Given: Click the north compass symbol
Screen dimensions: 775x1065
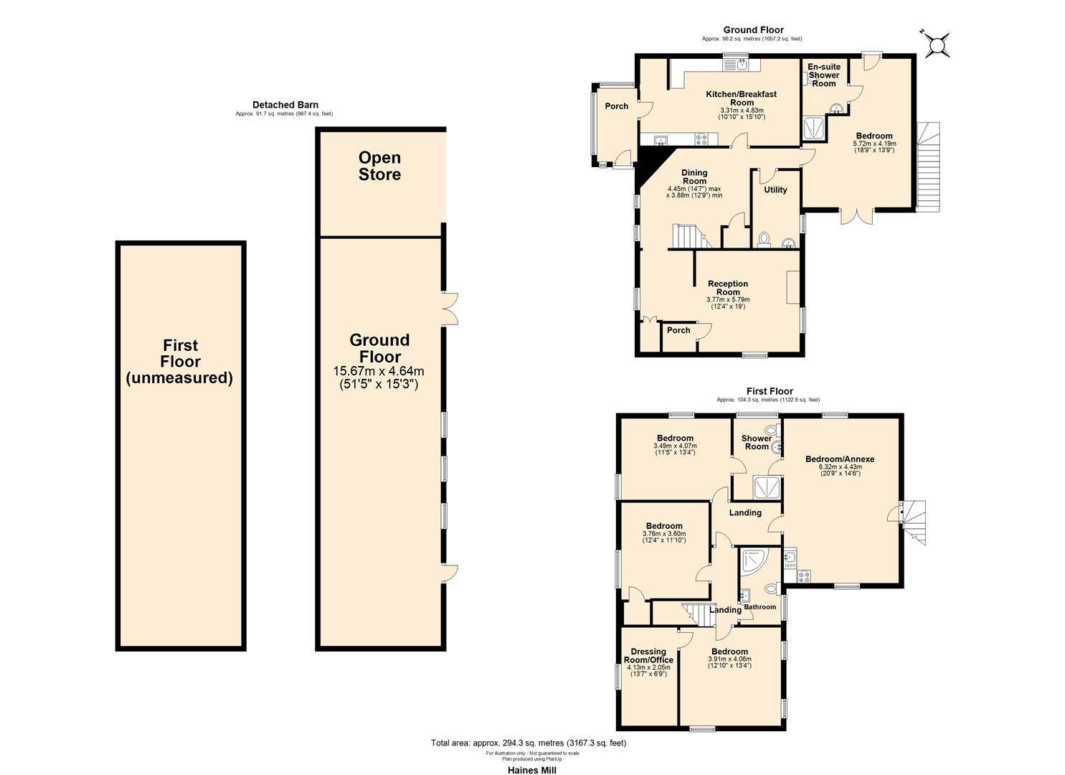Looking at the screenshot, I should [x=936, y=45].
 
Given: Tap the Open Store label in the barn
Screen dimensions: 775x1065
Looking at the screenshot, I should [x=379, y=166].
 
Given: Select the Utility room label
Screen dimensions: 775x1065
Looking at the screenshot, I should [x=775, y=190].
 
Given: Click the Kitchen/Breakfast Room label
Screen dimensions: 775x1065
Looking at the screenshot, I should [x=741, y=98].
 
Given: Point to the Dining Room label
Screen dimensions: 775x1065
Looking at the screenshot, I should [x=694, y=177].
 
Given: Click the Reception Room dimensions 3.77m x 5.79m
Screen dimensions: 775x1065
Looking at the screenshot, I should [x=728, y=300].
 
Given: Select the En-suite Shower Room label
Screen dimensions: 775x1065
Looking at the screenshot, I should [x=823, y=75].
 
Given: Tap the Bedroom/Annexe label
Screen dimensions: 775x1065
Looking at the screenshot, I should [x=839, y=459].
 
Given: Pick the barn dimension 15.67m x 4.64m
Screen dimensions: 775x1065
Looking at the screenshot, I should [x=379, y=371].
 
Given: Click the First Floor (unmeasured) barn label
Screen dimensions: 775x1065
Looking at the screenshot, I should [x=180, y=362].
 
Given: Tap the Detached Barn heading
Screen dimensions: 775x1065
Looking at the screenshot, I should [x=285, y=105].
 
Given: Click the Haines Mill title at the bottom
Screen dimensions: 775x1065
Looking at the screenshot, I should [x=531, y=770].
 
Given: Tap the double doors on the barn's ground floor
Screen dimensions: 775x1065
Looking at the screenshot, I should [x=450, y=309].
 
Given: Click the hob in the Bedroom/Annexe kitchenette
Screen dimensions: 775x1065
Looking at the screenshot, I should [x=803, y=576].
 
